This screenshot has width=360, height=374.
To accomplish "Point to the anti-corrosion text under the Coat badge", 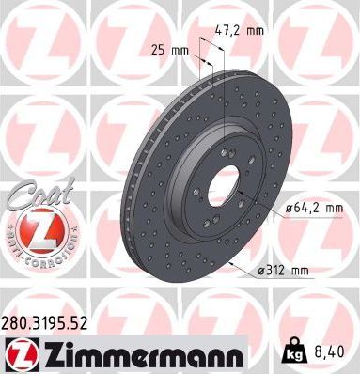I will (32, 246).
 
